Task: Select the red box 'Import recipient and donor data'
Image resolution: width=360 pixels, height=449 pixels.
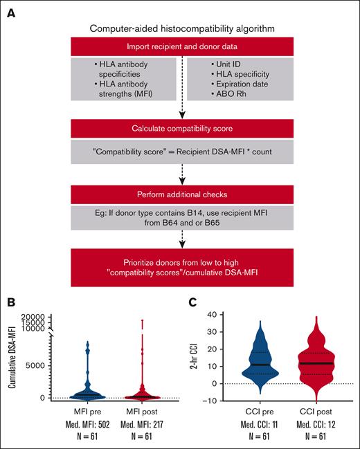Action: pyautogui.click(x=180, y=47)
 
